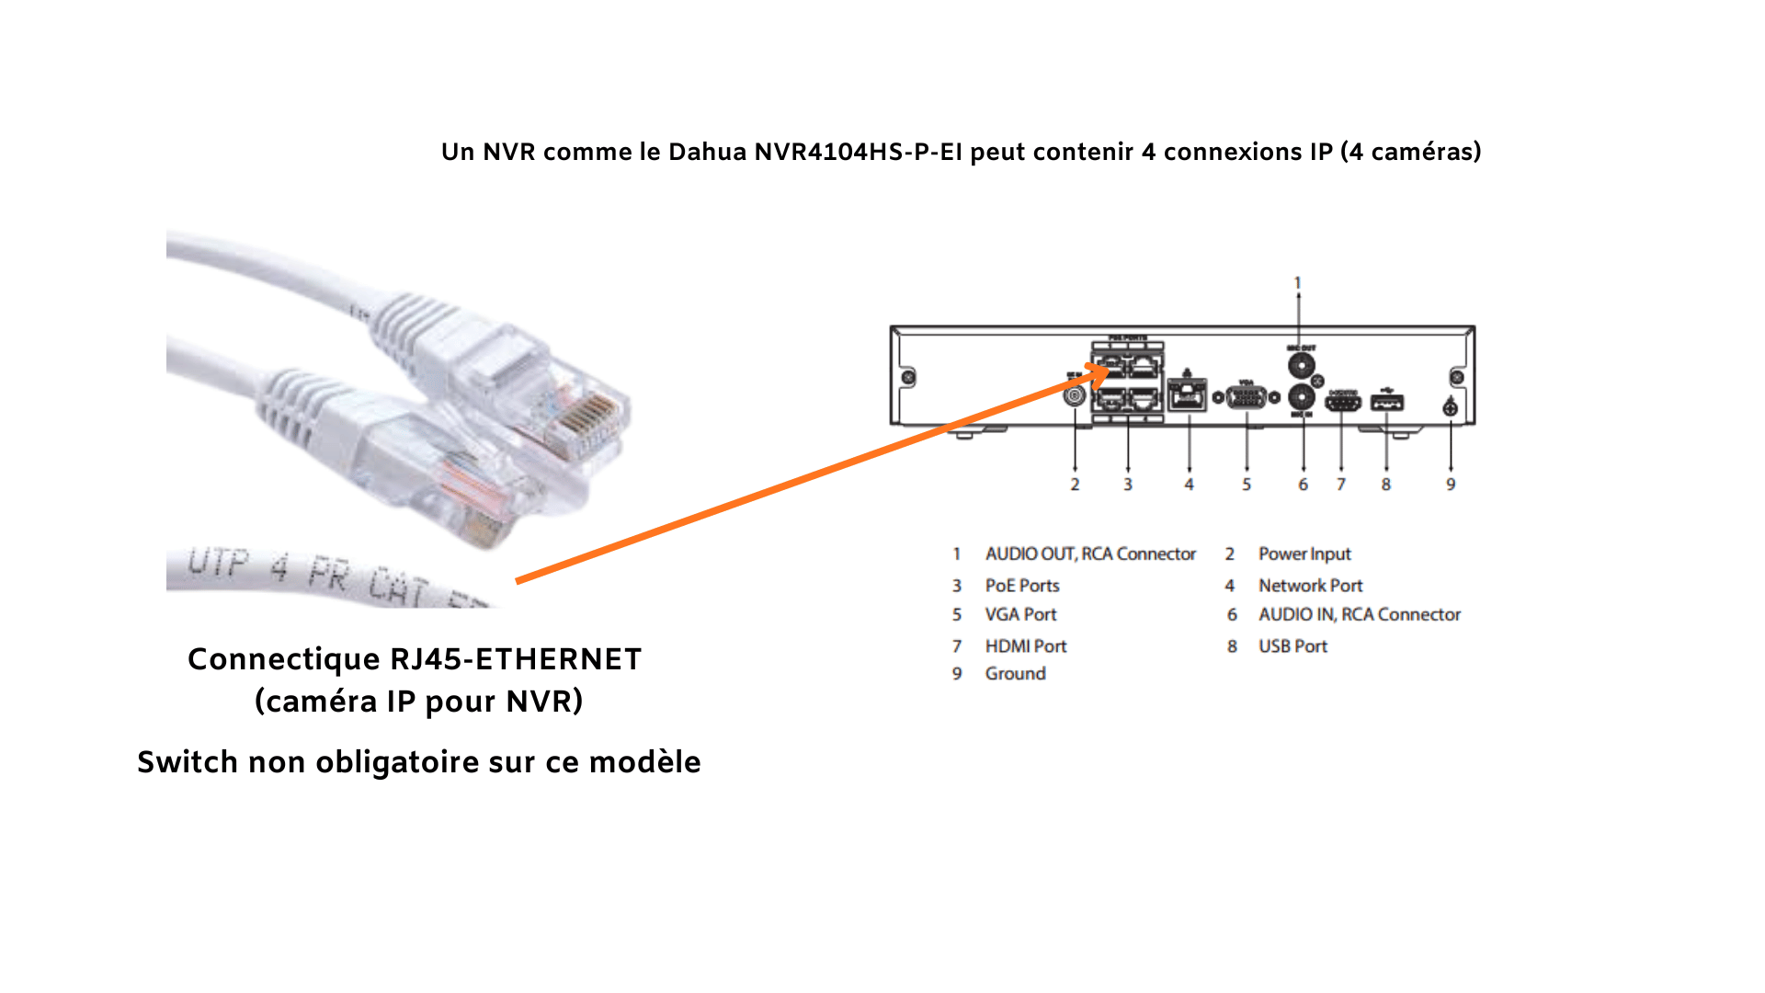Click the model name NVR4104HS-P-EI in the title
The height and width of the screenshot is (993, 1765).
tap(858, 152)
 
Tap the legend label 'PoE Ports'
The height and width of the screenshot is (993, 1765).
tap(1022, 586)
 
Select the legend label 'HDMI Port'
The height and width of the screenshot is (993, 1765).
tap(1026, 646)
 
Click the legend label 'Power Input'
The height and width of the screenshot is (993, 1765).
tap(1304, 554)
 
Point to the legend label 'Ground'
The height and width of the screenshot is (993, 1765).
tap(1016, 674)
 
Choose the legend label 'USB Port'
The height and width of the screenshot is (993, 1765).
tap(1292, 646)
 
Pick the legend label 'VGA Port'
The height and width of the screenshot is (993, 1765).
tap(1021, 615)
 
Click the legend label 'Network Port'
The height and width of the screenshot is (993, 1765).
tap(1311, 586)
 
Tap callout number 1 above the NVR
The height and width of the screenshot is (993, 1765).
tap(1298, 283)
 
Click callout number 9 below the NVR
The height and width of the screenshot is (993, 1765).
tap(1451, 485)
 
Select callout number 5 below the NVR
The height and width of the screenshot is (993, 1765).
tap(1247, 485)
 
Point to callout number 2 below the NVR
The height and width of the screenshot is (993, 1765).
tap(1075, 485)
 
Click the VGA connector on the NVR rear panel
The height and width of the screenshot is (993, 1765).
tap(1247, 397)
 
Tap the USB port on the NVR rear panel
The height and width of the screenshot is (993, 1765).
tap(1386, 402)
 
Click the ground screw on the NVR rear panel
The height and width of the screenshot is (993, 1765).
tap(1451, 407)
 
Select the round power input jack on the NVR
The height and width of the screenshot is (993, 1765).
tap(1074, 396)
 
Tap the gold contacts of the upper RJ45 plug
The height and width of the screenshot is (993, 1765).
tap(588, 418)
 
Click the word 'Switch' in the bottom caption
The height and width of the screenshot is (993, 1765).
tap(188, 762)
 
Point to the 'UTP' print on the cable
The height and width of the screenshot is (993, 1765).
tap(219, 563)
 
